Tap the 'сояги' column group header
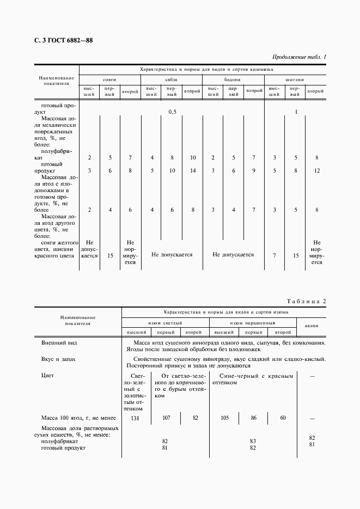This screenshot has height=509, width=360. tap(110, 79)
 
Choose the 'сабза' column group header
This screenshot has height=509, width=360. tap(172, 79)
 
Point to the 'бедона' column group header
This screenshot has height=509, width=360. tap(233, 79)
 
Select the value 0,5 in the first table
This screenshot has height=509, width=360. tap(172, 112)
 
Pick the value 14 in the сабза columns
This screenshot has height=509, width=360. tap(193, 171)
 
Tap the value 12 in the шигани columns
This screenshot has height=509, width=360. tap(316, 171)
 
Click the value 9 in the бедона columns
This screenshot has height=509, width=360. tap(253, 171)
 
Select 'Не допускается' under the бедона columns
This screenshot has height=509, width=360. tap(233, 254)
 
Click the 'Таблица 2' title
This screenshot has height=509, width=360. tap(306, 301)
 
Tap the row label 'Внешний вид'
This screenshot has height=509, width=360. tap(55, 343)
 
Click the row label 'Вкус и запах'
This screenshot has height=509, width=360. tap(56, 359)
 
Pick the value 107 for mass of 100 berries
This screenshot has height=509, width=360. tap(166, 418)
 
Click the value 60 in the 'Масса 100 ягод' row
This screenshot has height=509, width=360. tap(283, 418)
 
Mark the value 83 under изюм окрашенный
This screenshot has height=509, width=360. tap(253, 441)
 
